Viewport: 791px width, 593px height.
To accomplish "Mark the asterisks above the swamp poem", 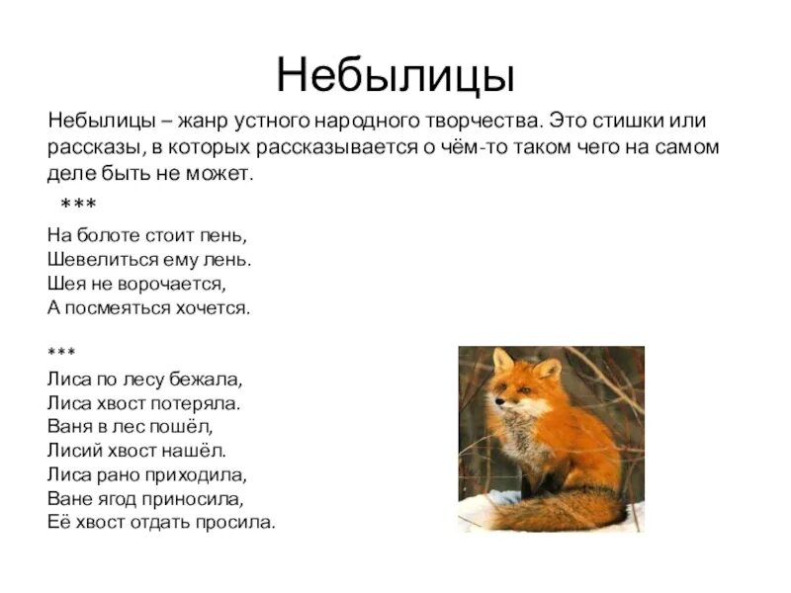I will point(78,205).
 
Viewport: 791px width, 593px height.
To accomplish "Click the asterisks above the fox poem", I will point(61,353).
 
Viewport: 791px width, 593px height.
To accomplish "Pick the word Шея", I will point(62,284).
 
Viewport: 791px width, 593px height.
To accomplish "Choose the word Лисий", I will point(73,450).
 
